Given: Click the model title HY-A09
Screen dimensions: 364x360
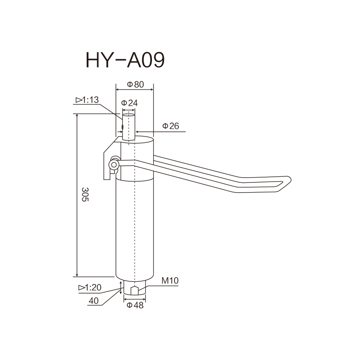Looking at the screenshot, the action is pyautogui.click(x=125, y=60).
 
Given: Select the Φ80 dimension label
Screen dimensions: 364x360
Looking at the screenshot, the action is pyautogui.click(x=135, y=84).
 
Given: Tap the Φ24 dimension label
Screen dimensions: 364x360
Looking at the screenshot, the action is pyautogui.click(x=129, y=103).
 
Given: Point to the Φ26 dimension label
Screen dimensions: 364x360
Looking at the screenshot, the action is pyautogui.click(x=171, y=126).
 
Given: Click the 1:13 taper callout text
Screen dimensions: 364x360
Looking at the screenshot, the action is pyautogui.click(x=87, y=100).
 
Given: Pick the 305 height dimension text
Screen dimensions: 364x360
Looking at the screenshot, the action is pyautogui.click(x=85, y=194).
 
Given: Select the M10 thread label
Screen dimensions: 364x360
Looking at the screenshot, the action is pyautogui.click(x=170, y=281).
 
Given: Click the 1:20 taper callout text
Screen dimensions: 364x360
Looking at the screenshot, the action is pyautogui.click(x=90, y=287).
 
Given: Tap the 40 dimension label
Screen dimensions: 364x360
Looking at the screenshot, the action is pyautogui.click(x=94, y=301).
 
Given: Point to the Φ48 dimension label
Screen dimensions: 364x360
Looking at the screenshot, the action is pyautogui.click(x=135, y=305).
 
